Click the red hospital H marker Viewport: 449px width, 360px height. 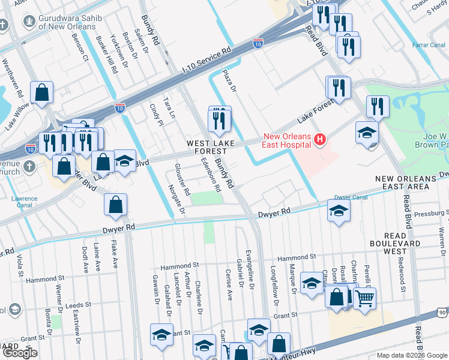coord(320,140)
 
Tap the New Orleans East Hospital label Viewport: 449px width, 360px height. coord(285,140)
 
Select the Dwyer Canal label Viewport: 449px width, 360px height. coord(351,197)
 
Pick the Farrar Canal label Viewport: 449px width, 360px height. coord(428,45)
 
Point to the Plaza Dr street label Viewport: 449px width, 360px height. coord(229,80)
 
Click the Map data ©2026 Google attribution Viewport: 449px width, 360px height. coord(412,355)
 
